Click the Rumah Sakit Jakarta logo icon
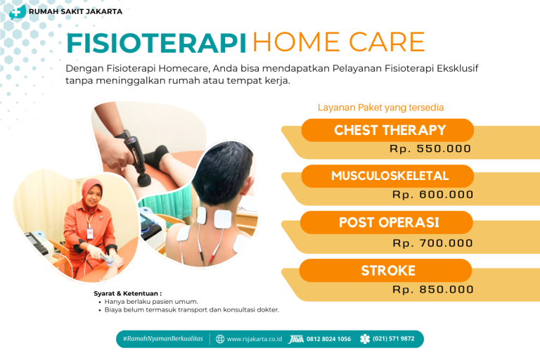pyautogui.click(x=18, y=11)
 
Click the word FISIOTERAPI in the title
pyautogui.click(x=156, y=43)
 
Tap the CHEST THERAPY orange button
pyautogui.click(x=390, y=130)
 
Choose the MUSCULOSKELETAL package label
pyautogui.click(x=390, y=176)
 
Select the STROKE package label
pyautogui.click(x=388, y=271)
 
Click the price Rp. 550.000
pyautogui.click(x=430, y=149)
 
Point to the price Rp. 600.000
pyautogui.click(x=432, y=195)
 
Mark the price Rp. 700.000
pyautogui.click(x=432, y=243)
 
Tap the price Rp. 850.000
pyautogui.click(x=432, y=289)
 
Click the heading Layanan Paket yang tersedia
pyautogui.click(x=380, y=108)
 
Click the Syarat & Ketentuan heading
pyautogui.click(x=128, y=292)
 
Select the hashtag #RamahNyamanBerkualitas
pyautogui.click(x=162, y=339)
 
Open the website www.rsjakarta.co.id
pyautogui.click(x=254, y=339)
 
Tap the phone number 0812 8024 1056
pyautogui.click(x=328, y=339)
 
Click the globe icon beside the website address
pyautogui.click(x=220, y=339)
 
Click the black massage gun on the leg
pyautogui.click(x=134, y=155)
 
